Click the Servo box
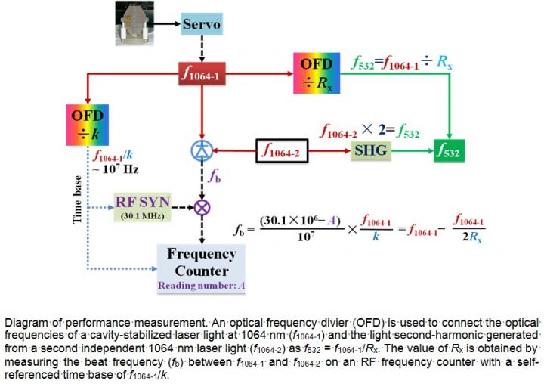(201, 24)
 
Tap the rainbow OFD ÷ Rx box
(317, 73)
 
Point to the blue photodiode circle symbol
(201, 150)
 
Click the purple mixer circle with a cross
(201, 206)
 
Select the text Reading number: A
(202, 286)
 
